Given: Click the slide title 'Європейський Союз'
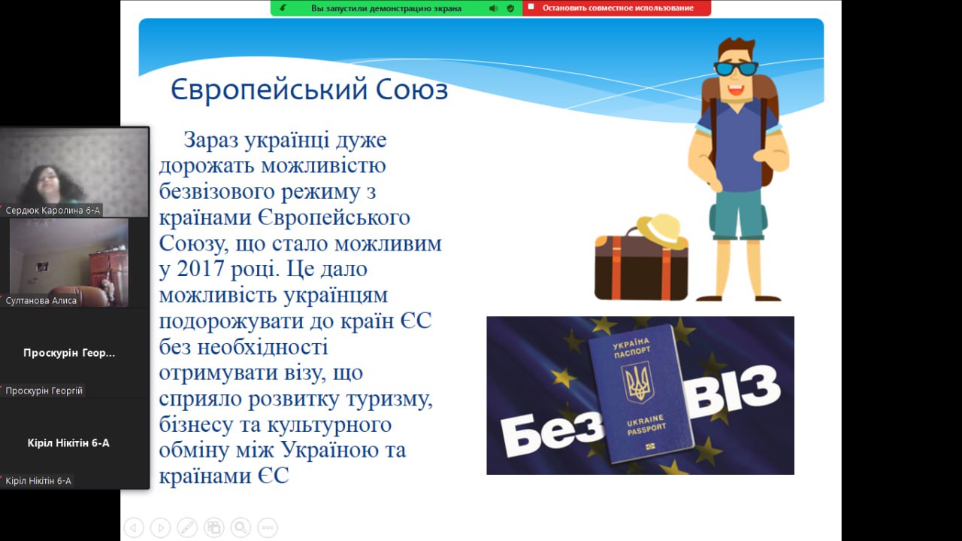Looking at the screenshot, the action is [309, 90].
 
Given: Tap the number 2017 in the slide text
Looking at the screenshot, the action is [200, 269].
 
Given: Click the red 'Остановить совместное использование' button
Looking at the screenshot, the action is [617, 8].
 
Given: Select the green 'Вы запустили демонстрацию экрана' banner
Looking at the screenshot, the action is [396, 8].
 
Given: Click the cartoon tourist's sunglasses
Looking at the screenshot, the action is [736, 68].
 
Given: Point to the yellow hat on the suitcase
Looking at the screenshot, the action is [662, 231].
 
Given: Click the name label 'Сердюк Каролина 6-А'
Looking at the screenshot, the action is [53, 210].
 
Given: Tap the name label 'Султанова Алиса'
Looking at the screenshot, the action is [41, 301].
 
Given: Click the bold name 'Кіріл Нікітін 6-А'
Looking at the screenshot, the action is [68, 443].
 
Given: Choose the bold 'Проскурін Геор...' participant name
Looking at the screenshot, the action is [69, 353].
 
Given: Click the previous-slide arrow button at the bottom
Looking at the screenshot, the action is [134, 527].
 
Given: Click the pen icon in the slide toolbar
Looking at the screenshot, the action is [187, 527].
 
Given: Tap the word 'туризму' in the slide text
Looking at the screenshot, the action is [389, 400].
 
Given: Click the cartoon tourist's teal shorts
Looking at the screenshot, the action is [738, 214].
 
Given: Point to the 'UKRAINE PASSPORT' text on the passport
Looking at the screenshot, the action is [646, 424].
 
